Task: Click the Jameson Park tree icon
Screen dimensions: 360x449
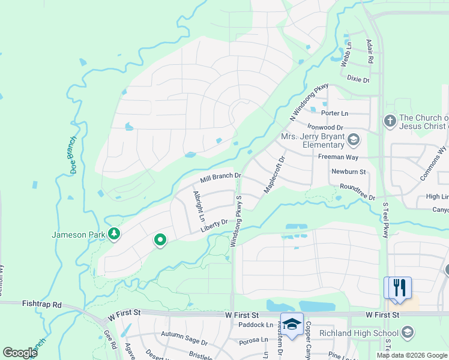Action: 113,233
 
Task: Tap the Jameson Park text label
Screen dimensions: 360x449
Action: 78,234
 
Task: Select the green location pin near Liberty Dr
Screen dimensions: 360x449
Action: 160,240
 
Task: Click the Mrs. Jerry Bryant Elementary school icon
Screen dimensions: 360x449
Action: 354,141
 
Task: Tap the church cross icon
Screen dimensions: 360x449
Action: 390,122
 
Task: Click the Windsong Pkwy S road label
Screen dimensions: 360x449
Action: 236,220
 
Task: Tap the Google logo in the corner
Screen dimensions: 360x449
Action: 20,353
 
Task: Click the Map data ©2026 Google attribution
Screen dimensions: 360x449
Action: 412,355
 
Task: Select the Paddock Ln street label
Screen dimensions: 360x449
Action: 256,325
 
